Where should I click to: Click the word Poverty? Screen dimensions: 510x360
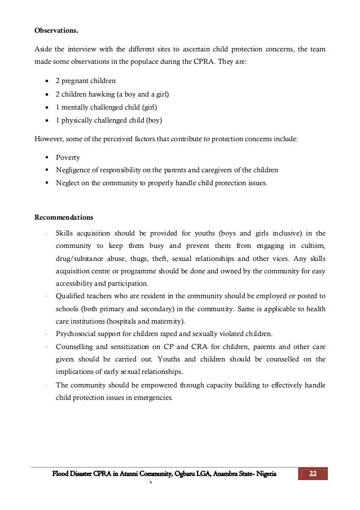tap(68, 158)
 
